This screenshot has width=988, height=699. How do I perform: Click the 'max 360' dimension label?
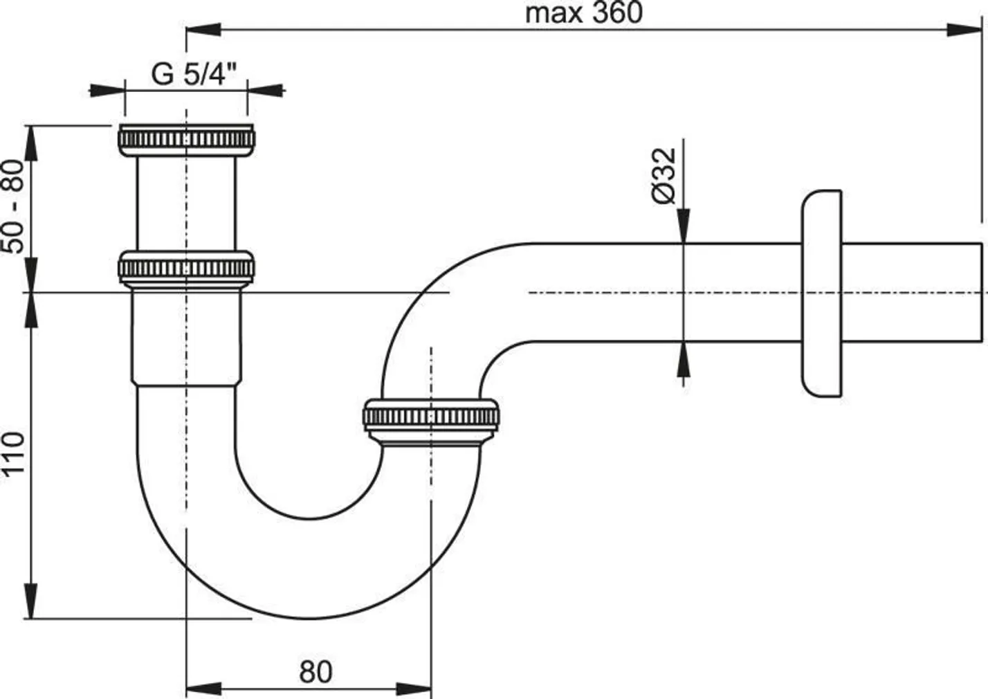(583, 13)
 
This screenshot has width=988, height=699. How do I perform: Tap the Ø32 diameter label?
(663, 175)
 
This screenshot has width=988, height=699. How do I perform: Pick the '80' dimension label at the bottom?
(315, 671)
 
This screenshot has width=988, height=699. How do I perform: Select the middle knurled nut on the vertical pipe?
(187, 267)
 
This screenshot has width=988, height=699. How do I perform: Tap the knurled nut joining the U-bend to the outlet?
(430, 417)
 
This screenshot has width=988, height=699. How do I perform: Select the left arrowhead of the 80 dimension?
(204, 689)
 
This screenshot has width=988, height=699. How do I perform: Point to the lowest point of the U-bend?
(308, 617)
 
